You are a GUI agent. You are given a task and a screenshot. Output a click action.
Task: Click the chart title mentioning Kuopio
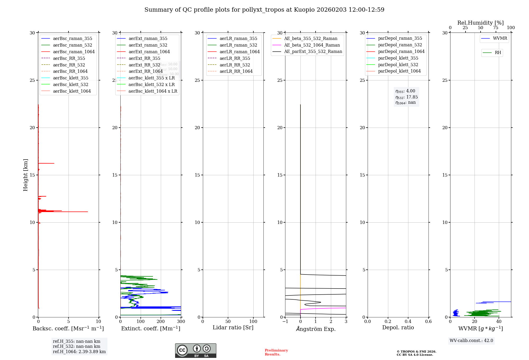(264, 10)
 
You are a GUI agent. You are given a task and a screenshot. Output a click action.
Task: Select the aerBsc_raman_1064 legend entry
(74, 52)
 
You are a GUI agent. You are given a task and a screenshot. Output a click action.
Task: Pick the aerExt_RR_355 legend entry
(144, 58)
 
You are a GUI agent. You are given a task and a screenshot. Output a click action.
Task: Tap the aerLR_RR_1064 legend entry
(236, 71)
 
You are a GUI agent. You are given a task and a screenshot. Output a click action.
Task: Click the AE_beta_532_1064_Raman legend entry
(312, 45)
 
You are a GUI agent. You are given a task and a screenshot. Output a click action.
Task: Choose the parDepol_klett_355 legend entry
(398, 58)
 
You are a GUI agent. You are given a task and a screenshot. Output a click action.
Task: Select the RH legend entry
(498, 53)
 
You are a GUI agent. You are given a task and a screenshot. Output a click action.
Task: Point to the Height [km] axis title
(25, 175)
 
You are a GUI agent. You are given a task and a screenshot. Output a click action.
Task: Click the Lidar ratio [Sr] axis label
(233, 328)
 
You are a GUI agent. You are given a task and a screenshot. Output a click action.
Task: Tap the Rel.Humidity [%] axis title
(480, 23)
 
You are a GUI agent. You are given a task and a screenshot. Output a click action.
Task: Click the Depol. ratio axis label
(398, 328)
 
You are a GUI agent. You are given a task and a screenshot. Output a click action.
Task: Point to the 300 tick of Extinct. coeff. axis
(181, 322)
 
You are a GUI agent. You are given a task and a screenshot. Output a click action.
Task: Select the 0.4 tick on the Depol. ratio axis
(408, 322)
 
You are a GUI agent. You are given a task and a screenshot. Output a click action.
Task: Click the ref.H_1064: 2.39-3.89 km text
(79, 352)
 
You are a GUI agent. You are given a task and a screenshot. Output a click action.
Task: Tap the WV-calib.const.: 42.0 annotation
(471, 341)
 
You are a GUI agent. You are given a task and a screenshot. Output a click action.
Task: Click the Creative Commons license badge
(195, 351)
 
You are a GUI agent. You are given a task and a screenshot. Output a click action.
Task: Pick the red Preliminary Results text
(276, 352)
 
